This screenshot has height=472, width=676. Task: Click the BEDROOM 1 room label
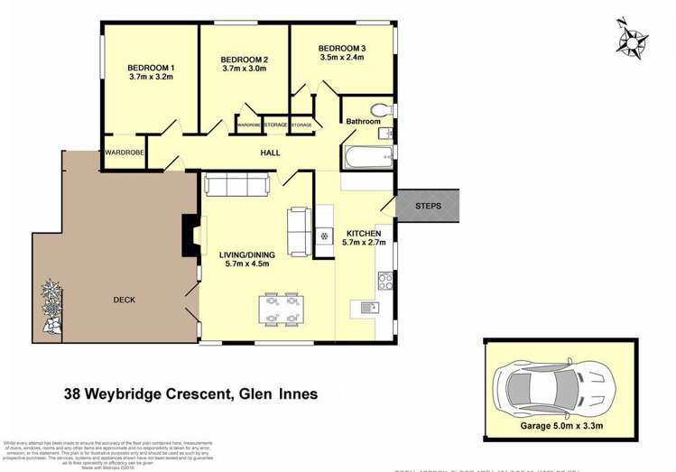tap(151, 69)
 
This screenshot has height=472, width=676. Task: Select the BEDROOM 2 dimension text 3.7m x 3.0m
tap(245, 69)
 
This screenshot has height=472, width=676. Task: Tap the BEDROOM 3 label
tap(341, 48)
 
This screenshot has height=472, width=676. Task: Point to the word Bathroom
tap(363, 122)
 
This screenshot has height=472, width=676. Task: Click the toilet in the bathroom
tap(383, 108)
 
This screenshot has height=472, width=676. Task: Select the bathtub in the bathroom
tap(367, 159)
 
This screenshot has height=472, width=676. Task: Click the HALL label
tap(270, 153)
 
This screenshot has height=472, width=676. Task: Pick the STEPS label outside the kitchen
tap(428, 207)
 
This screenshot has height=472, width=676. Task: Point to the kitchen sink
tap(368, 308)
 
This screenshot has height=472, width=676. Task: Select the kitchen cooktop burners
tap(385, 280)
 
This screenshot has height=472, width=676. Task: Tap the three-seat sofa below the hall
tap(236, 185)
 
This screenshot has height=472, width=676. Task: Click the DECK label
tap(125, 301)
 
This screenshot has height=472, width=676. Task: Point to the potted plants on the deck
tap(51, 308)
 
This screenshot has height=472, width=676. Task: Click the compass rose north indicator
tap(632, 39)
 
